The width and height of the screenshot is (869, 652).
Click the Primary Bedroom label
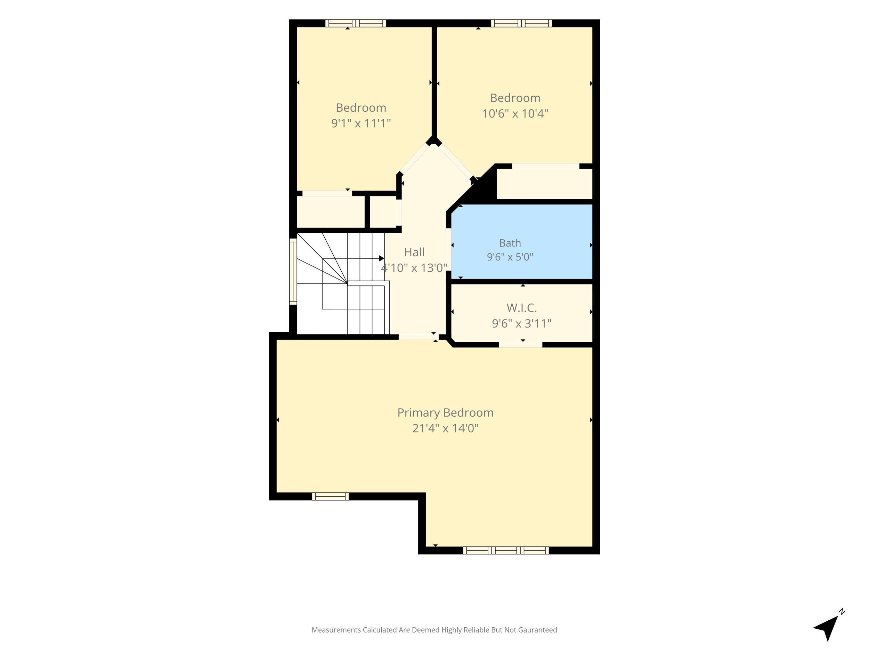(445, 413)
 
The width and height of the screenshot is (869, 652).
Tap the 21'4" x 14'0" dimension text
(445, 428)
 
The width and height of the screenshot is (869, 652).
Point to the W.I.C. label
(521, 307)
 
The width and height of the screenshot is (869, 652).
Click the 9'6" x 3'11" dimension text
(521, 323)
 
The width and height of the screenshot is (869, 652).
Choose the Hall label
(414, 252)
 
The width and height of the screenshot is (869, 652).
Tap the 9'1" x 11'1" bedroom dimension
(361, 123)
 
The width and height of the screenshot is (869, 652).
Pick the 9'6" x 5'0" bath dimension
(510, 257)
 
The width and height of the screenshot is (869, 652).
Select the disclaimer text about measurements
(434, 630)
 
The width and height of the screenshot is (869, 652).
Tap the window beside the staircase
(293, 271)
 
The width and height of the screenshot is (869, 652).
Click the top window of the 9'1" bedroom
(356, 23)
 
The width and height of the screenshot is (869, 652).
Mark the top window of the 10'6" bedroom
(521, 23)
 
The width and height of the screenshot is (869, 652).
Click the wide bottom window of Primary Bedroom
(506, 550)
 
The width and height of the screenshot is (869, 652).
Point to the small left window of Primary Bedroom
(330, 496)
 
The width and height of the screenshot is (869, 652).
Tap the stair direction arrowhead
(381, 258)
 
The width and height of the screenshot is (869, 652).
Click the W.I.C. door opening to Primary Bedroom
(521, 345)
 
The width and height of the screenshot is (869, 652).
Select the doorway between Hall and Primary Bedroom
(419, 337)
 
